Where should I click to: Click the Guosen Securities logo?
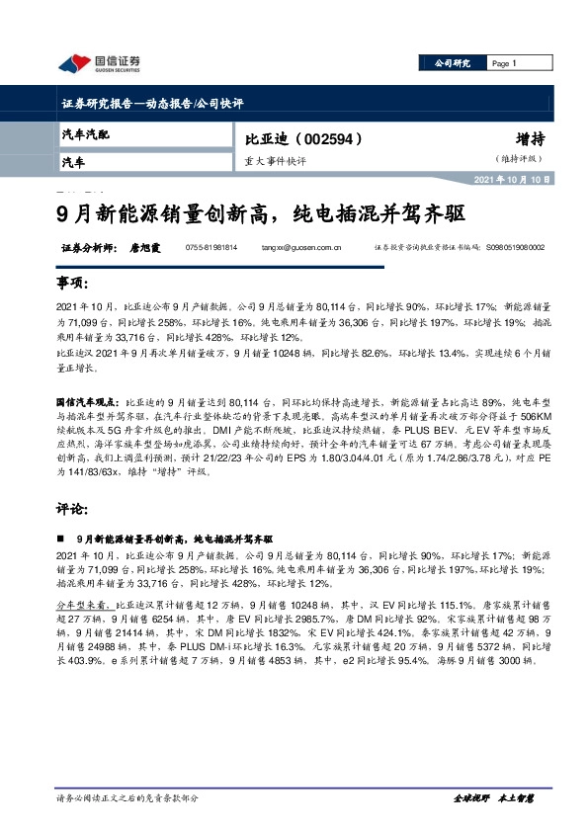99,64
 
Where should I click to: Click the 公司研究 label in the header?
453,63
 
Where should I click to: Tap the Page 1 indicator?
504,63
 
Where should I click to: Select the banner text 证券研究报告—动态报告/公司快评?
152,103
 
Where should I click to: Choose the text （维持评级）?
524,160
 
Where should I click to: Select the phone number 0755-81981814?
211,249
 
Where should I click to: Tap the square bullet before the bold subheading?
61,541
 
